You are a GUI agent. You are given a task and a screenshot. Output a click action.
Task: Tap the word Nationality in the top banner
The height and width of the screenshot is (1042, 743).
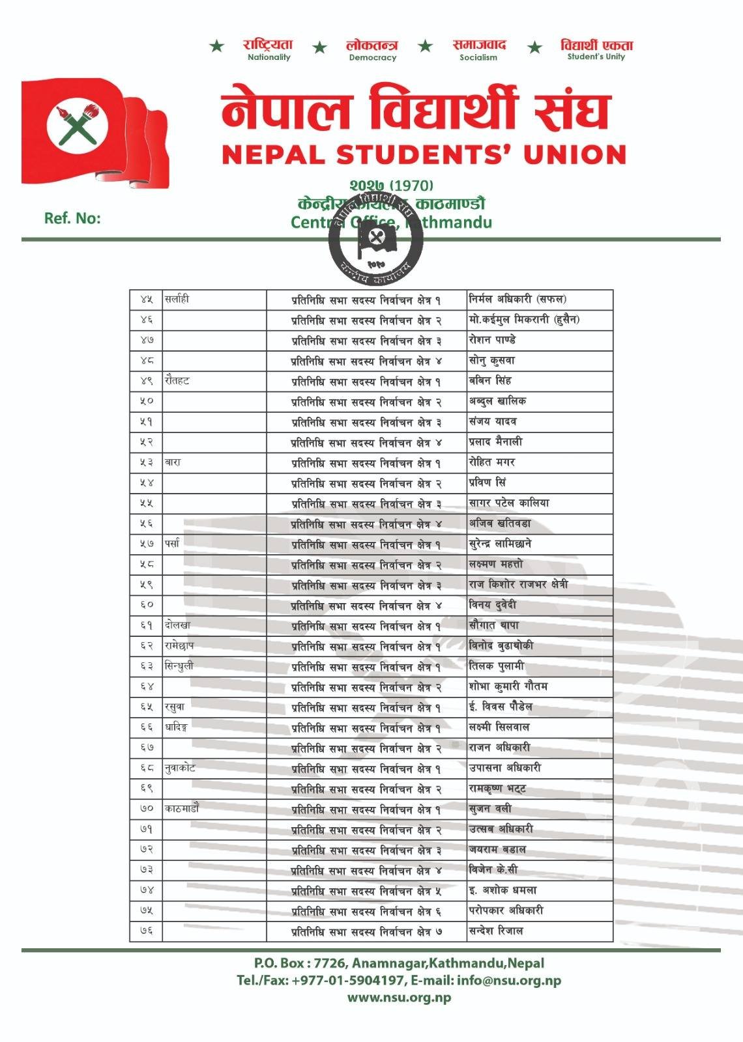tap(269, 57)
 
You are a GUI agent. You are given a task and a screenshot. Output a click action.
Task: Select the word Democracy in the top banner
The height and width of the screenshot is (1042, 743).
tap(372, 57)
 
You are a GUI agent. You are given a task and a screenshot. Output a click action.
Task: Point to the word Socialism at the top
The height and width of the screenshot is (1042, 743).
tap(478, 57)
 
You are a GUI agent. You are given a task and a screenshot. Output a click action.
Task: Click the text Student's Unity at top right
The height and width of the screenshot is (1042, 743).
tap(596, 57)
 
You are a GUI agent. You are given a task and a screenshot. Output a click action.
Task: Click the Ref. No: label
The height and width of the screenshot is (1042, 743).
tap(72, 218)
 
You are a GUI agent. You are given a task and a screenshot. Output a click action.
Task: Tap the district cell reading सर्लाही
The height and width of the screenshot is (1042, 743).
tap(177, 300)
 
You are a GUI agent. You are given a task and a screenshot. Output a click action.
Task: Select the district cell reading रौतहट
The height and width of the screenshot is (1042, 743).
tap(177, 381)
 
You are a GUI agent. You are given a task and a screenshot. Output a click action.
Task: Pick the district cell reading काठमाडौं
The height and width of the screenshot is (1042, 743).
tap(182, 809)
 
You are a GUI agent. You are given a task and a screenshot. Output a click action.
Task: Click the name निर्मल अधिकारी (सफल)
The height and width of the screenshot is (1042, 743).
tap(517, 300)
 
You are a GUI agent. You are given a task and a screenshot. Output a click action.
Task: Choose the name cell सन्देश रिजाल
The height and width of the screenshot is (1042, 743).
tap(496, 931)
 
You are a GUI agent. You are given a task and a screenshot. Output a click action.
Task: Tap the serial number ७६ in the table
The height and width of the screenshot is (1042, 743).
tap(146, 931)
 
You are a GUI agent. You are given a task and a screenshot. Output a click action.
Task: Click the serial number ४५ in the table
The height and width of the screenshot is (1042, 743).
tap(146, 300)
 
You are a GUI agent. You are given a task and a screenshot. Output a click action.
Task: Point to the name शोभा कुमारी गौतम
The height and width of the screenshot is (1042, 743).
tap(508, 686)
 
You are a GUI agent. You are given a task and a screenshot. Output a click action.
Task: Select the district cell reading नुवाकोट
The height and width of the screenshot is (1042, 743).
tap(180, 768)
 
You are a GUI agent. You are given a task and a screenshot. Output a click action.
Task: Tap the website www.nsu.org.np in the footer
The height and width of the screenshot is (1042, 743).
tap(399, 997)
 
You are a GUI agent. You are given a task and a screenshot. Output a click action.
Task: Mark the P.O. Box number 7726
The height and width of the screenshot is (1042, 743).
tap(331, 963)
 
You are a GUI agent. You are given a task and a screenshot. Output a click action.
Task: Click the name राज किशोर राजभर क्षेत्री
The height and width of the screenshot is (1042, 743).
tap(518, 584)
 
